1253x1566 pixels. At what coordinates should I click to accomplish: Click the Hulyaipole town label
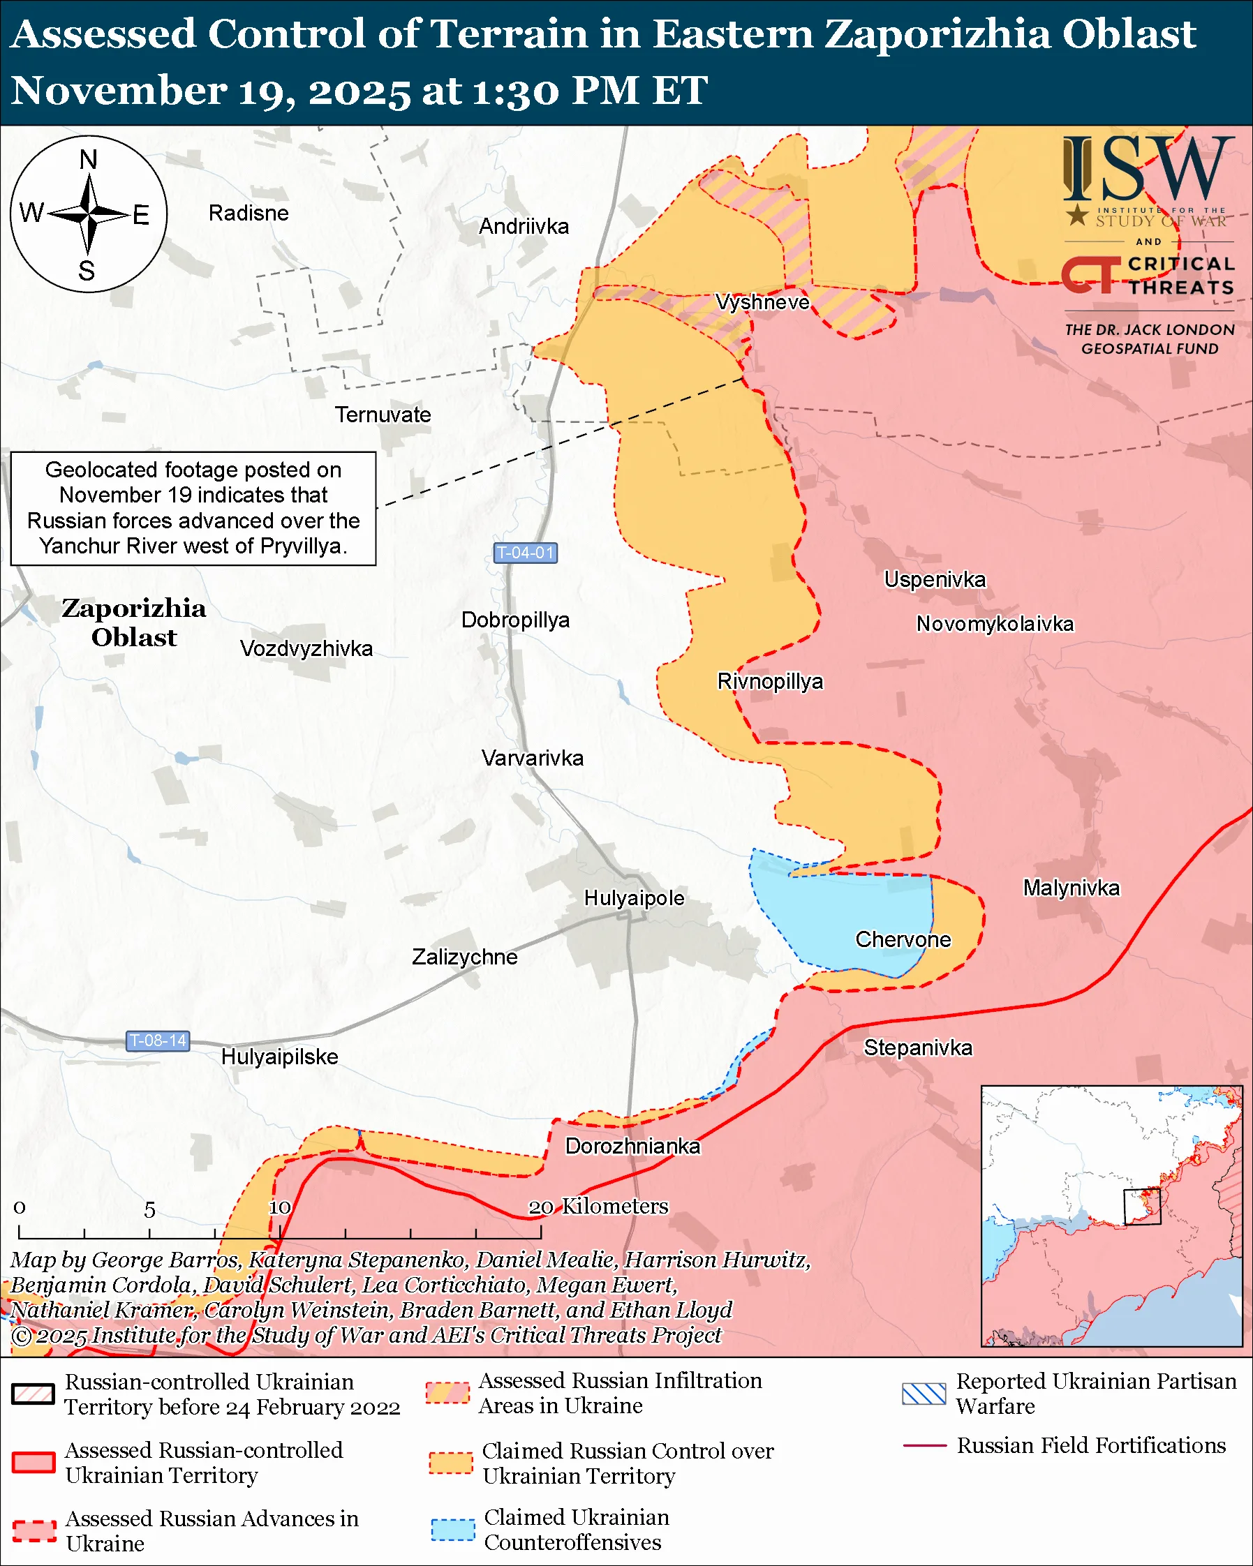tap(633, 897)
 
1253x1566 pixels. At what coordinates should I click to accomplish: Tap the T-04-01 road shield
tap(524, 553)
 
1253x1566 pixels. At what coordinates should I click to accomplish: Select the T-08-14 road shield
tap(158, 1041)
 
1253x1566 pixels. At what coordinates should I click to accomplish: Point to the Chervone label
tap(903, 939)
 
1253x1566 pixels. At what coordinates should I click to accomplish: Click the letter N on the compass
tap(88, 159)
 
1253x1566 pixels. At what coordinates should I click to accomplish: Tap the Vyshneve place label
tap(762, 302)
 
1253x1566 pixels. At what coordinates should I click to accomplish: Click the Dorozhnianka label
tap(632, 1146)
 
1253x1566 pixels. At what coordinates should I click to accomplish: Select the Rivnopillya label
tap(770, 681)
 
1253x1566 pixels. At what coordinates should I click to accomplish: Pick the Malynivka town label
tap(1071, 888)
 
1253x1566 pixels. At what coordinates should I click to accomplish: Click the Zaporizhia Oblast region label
tap(133, 622)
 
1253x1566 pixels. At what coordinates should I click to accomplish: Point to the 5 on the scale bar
tap(149, 1210)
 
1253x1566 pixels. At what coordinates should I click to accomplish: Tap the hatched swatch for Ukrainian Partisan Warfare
tap(924, 1394)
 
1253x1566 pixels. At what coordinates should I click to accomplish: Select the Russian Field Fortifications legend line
tap(924, 1446)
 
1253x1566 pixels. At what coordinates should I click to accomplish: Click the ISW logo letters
tap(1148, 170)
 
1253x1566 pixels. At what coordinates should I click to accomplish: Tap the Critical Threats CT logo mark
tap(1090, 275)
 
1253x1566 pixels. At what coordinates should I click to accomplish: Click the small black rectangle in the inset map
tap(1142, 1207)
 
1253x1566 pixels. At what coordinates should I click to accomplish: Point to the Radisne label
tap(249, 214)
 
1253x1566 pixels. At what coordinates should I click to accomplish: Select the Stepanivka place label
tap(917, 1047)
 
